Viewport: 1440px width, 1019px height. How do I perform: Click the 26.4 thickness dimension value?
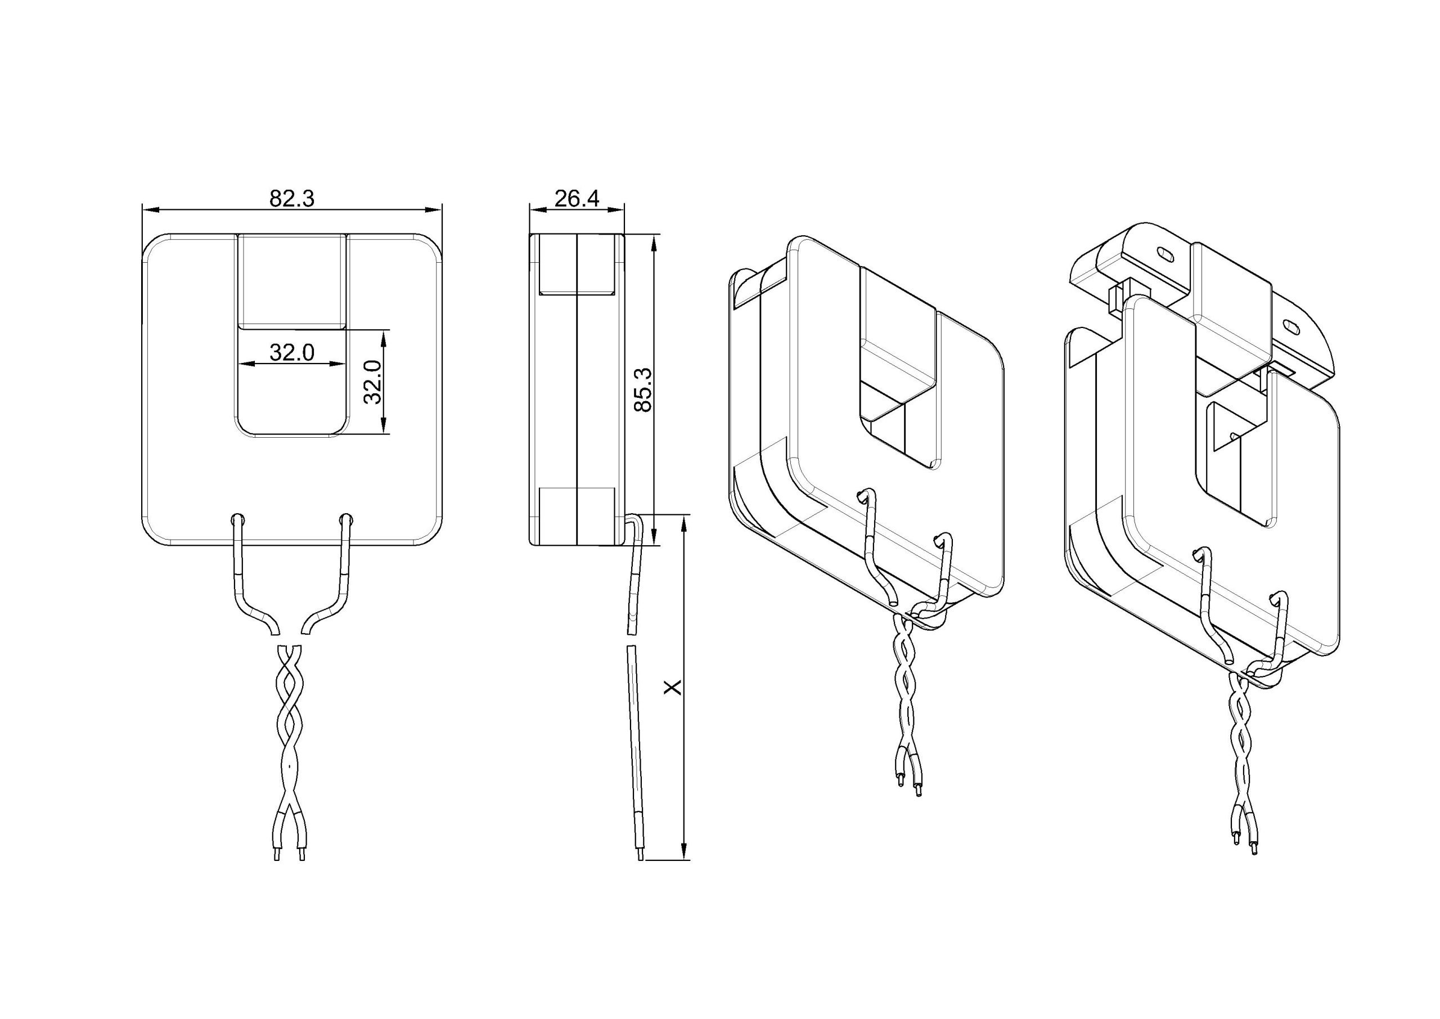tap(577, 198)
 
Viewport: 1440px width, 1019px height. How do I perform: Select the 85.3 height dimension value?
tap(643, 389)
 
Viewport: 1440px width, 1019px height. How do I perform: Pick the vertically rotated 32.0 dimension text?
tap(372, 382)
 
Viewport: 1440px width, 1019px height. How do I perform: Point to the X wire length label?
tap(672, 688)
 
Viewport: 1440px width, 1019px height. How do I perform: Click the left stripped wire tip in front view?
tap(277, 855)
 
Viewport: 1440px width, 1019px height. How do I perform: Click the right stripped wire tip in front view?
tap(301, 855)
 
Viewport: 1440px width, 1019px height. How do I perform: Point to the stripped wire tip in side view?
tap(640, 855)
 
